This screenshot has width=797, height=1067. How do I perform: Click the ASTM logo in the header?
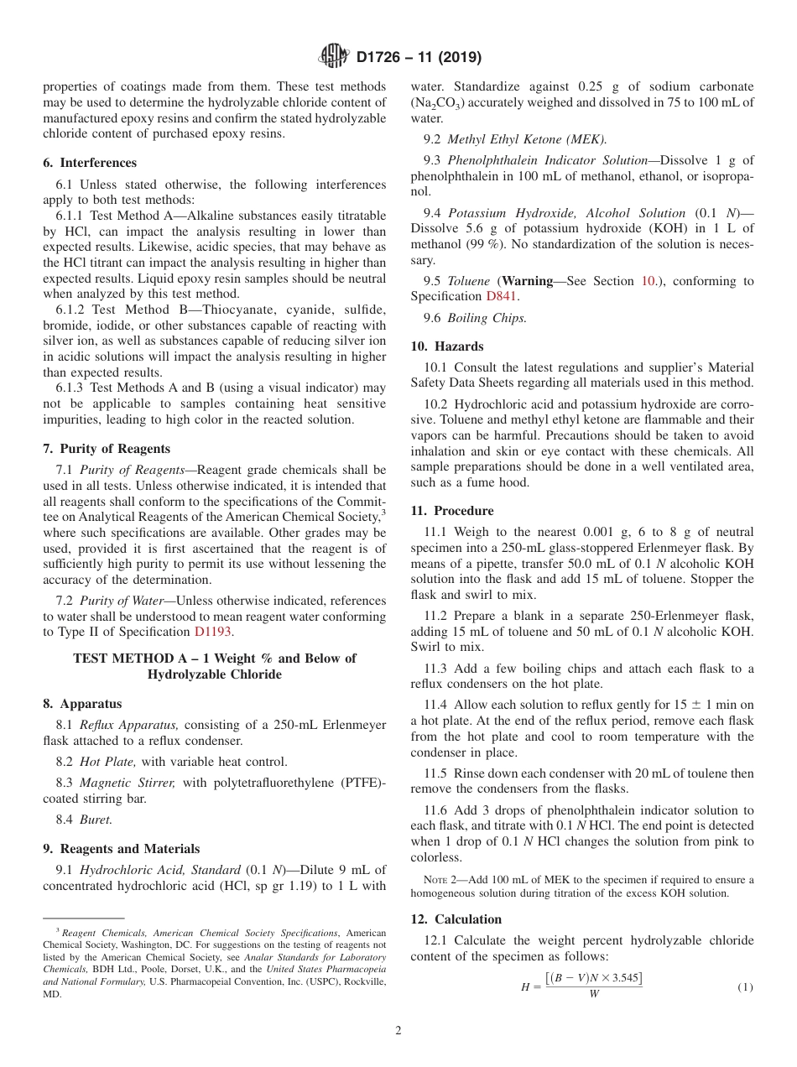pyautogui.click(x=335, y=57)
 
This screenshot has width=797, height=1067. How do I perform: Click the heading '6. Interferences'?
pyautogui.click(x=90, y=163)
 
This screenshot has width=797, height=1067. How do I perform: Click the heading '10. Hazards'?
pyautogui.click(x=447, y=346)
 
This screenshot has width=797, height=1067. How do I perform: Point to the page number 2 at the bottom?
pyautogui.click(x=398, y=1031)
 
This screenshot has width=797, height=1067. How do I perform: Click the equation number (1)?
pyautogui.click(x=745, y=987)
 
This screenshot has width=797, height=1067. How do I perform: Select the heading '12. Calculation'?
pyautogui.click(x=456, y=919)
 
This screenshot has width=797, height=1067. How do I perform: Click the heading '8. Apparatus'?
pyautogui.click(x=82, y=704)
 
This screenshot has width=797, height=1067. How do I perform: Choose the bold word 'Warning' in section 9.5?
pyautogui.click(x=528, y=281)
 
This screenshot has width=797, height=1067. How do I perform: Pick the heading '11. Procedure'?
pyautogui.click(x=452, y=511)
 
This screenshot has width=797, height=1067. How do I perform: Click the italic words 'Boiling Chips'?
pyautogui.click(x=487, y=318)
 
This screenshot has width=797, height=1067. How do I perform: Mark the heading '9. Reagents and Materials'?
pyautogui.click(x=122, y=849)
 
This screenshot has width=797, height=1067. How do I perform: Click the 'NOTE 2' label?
pyautogui.click(x=440, y=880)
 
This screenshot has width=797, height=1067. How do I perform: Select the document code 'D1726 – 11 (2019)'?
pyautogui.click(x=419, y=58)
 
